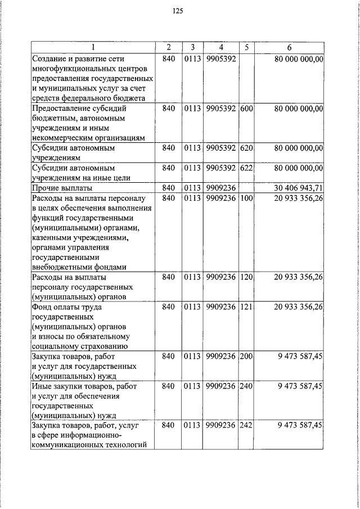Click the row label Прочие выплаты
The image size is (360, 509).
point(62,188)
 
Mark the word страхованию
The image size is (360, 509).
point(105,346)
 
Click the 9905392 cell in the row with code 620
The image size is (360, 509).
point(221,148)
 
